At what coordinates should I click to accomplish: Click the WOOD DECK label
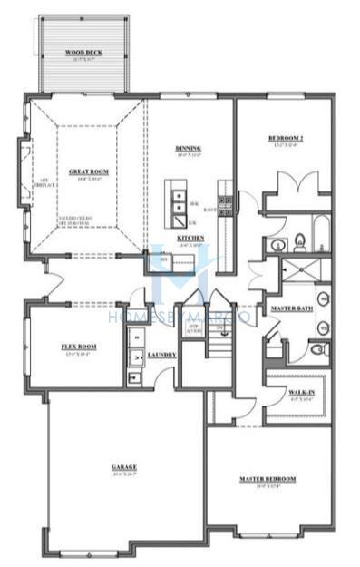tap(83, 54)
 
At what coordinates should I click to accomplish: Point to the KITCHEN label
tap(190, 238)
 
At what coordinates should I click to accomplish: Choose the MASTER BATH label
tap(291, 308)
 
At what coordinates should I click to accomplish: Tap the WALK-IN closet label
tap(301, 391)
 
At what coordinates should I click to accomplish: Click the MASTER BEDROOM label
tap(268, 478)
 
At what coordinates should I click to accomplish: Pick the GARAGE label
tap(124, 467)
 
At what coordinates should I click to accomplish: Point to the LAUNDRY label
tap(161, 354)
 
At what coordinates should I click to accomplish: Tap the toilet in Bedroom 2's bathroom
tap(300, 241)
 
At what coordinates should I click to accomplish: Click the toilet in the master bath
tap(316, 348)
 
